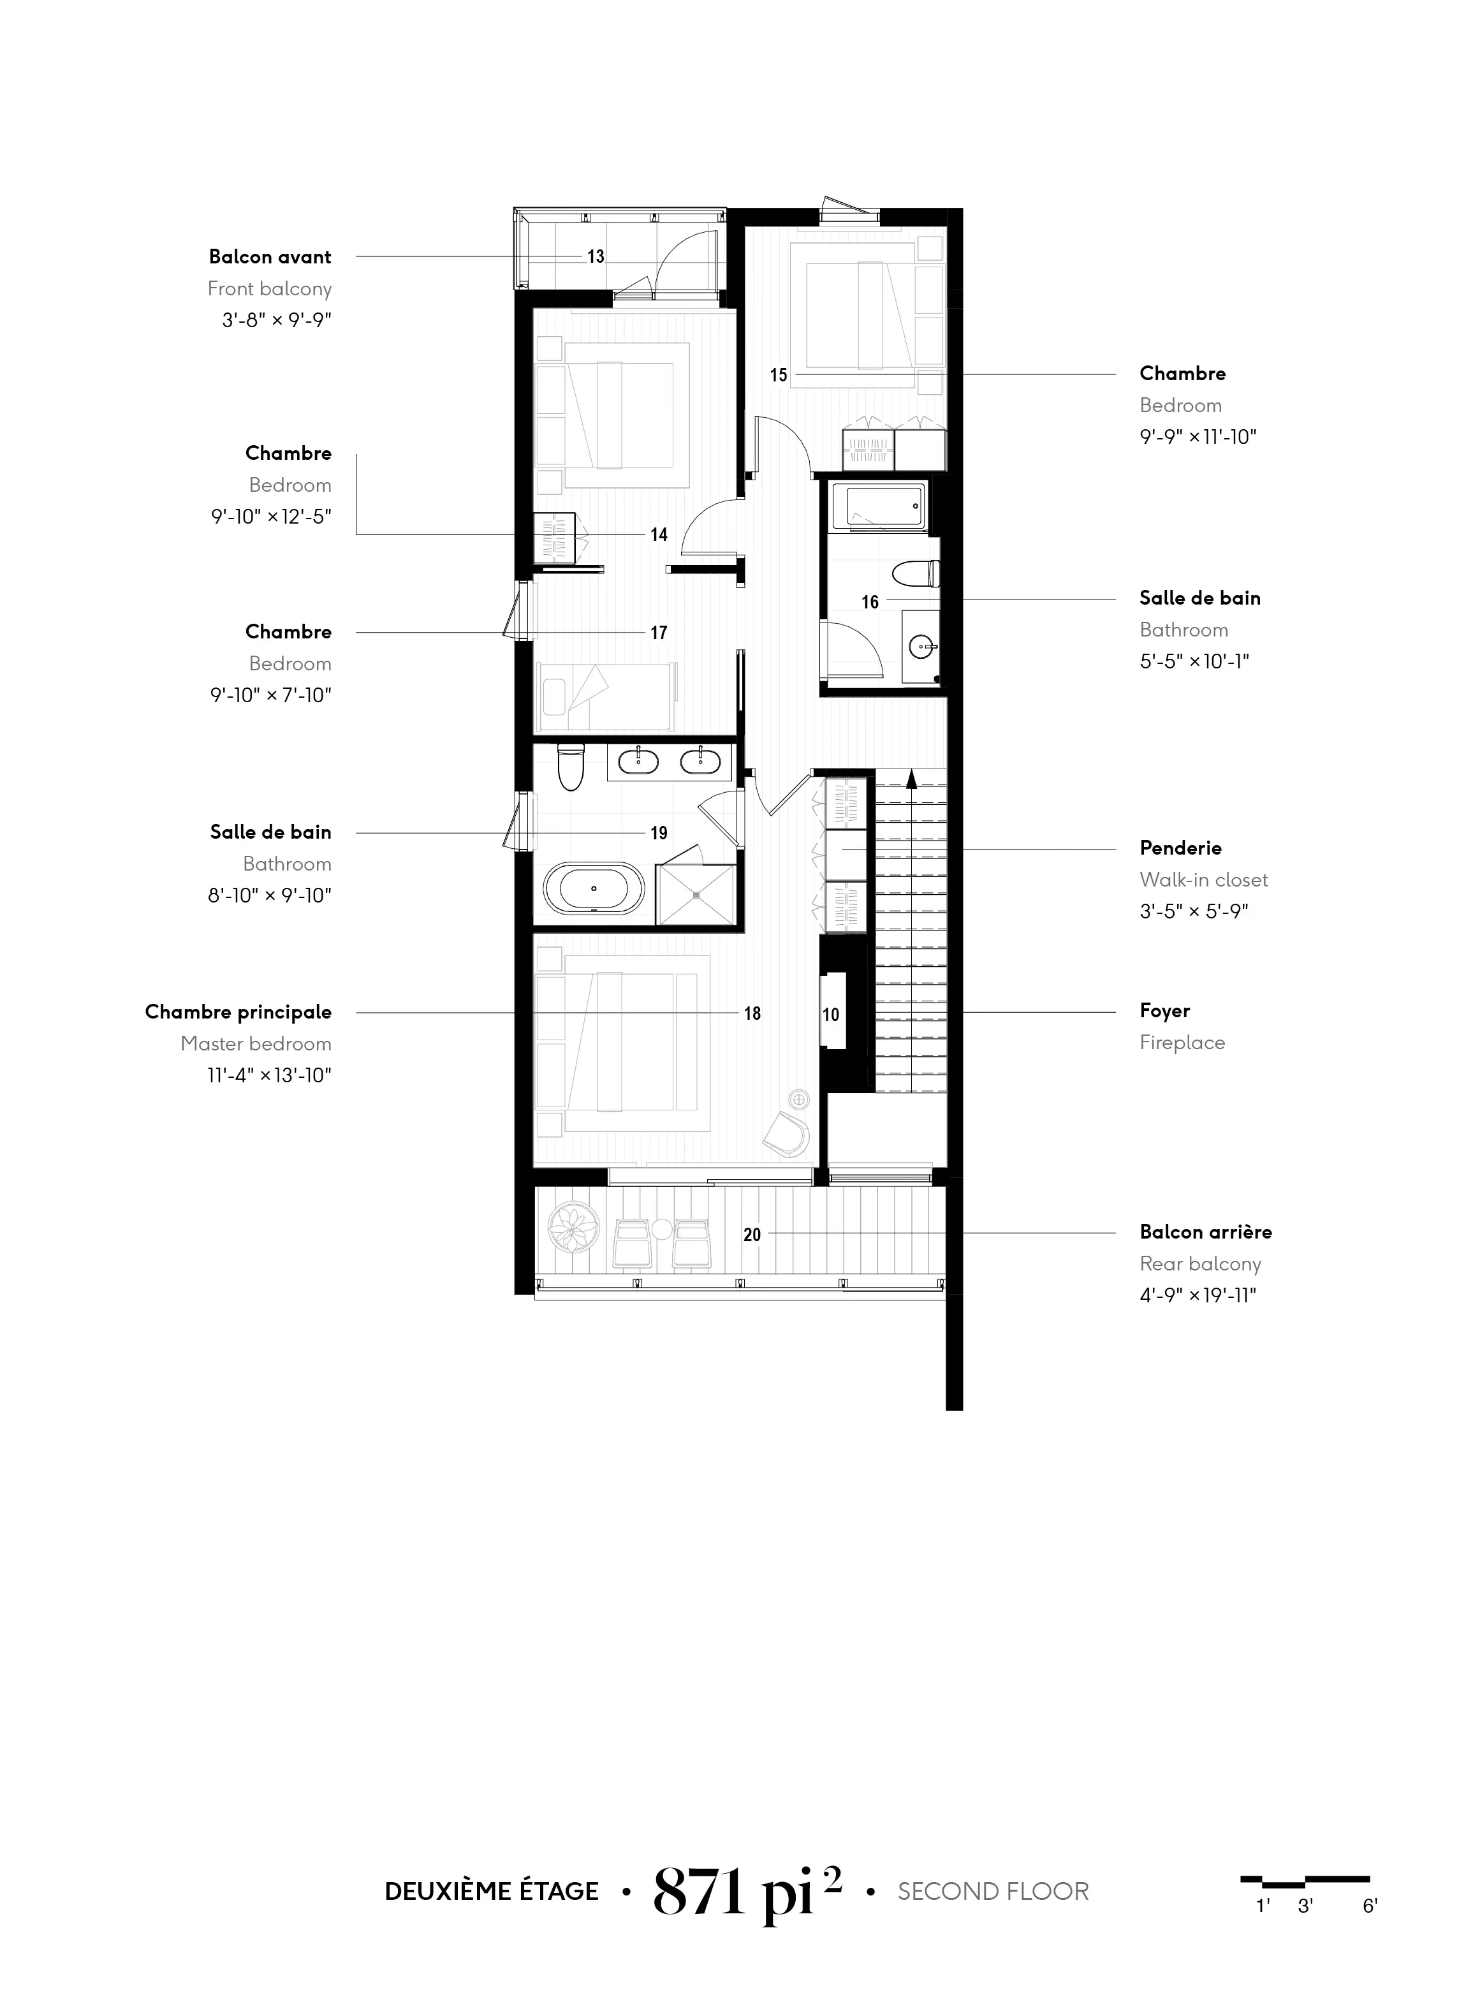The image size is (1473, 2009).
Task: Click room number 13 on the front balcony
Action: click(596, 257)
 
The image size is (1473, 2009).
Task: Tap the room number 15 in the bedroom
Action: click(779, 376)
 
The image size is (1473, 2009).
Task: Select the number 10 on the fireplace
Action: click(831, 1015)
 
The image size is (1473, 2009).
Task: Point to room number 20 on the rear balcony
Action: click(752, 1235)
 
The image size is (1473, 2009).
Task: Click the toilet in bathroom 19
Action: click(570, 768)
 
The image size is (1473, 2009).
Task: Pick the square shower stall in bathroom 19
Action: click(696, 894)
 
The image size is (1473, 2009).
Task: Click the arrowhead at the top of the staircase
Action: click(911, 779)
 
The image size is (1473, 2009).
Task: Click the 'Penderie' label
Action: click(1180, 848)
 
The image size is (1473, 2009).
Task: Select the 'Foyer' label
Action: click(1164, 1011)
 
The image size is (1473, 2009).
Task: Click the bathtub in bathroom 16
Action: click(878, 508)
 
